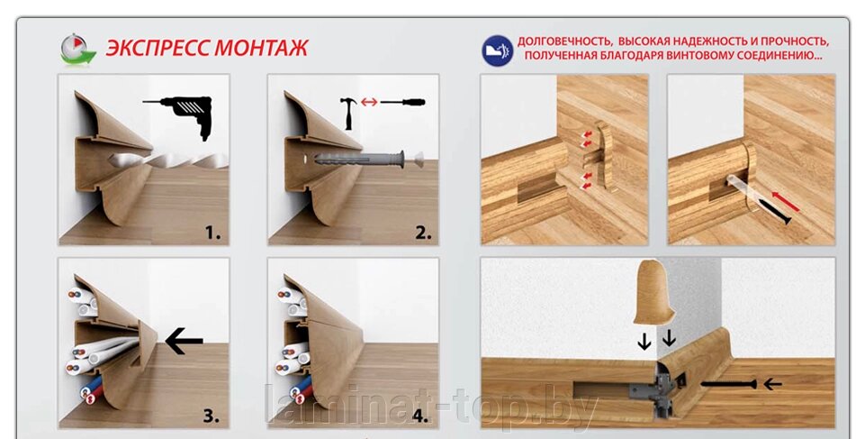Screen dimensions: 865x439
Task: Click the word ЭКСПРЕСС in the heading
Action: (158, 48)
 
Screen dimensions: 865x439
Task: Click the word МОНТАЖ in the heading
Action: (261, 48)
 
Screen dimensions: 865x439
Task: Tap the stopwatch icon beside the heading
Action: (77, 50)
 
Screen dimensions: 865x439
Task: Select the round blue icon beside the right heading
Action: (497, 50)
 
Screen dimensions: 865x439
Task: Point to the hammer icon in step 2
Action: (348, 113)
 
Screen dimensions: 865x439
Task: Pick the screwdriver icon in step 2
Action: (402, 102)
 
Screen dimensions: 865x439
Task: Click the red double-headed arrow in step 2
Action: (369, 102)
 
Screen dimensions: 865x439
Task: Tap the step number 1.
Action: (212, 233)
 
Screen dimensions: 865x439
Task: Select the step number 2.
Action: (423, 233)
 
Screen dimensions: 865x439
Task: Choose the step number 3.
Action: (212, 416)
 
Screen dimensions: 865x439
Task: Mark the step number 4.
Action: (420, 416)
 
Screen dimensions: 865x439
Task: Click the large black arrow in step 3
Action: (185, 342)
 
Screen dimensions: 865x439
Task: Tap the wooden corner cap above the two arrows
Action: (654, 292)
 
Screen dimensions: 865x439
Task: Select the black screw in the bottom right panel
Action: (728, 384)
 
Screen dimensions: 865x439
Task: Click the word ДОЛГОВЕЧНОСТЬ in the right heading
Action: (563, 42)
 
